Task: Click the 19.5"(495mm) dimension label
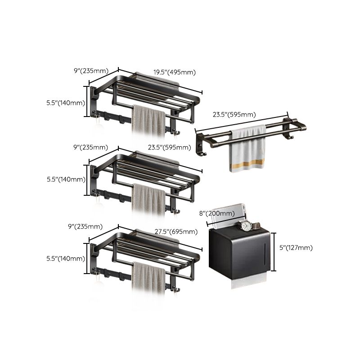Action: click(x=174, y=72)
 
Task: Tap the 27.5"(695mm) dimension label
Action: click(x=176, y=232)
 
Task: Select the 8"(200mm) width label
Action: click(x=217, y=213)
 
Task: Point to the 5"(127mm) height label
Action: click(x=295, y=247)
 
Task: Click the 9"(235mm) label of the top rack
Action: click(x=91, y=70)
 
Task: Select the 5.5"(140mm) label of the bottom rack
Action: click(x=66, y=258)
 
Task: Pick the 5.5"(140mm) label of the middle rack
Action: click(x=66, y=179)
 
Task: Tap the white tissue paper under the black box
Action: click(x=247, y=283)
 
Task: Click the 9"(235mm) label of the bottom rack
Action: click(x=91, y=226)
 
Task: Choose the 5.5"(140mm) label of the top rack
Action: click(x=66, y=103)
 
